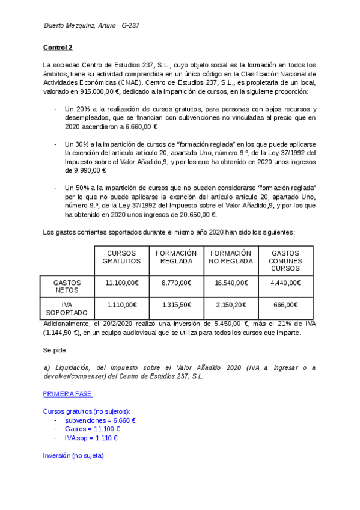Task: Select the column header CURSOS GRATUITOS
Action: (x=121, y=257)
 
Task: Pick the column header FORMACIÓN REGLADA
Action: (x=176, y=257)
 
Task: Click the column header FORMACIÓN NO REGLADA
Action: (x=231, y=257)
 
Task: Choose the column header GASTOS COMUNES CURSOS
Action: (x=285, y=260)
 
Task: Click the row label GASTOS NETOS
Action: (x=67, y=286)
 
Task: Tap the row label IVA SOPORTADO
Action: (x=67, y=309)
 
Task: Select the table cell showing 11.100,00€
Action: (x=121, y=283)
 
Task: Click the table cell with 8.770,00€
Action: (x=176, y=283)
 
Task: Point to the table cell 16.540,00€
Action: (x=231, y=283)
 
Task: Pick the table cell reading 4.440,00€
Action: (x=285, y=283)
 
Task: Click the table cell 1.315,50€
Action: (x=176, y=305)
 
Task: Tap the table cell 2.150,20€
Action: (x=231, y=305)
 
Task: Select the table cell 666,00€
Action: (x=285, y=305)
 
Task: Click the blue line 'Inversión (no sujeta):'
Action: (x=74, y=456)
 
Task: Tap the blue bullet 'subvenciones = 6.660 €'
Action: (x=100, y=420)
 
